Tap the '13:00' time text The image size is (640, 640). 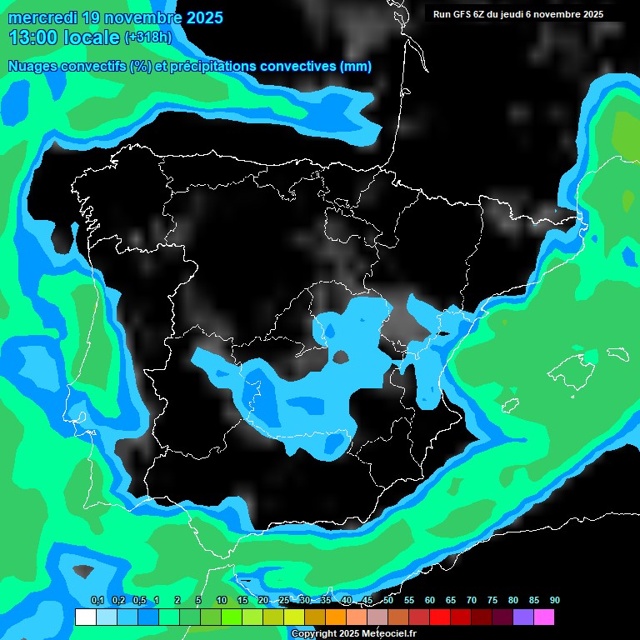click(33, 37)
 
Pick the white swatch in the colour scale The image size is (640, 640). click(85, 617)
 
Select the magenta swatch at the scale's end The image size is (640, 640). click(544, 617)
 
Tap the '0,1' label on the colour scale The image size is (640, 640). click(97, 601)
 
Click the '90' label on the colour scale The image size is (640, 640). click(554, 601)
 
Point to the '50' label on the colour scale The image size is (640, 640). click(388, 601)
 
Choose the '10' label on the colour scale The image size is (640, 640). click(221, 601)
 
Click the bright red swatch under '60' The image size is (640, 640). click(440, 617)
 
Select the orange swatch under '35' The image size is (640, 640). click(336, 617)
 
